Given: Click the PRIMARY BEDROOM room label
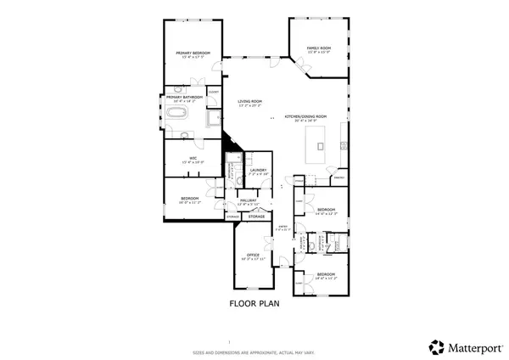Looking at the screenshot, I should pos(193,53).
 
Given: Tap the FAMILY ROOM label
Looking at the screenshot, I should pos(318,48).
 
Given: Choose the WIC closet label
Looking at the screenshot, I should pos(193,159).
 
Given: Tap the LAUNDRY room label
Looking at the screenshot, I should pos(259,170).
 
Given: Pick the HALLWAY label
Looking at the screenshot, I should pos(248,200).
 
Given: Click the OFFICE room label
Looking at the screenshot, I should pos(252,255).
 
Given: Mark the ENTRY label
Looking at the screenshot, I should pos(284,227).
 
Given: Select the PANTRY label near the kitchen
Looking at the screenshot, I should pos(338,179).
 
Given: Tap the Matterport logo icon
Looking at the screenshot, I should pos(436,346).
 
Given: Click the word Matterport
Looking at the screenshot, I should pos(473,346).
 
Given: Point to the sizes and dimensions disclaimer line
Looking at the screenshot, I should pos(254,351).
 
